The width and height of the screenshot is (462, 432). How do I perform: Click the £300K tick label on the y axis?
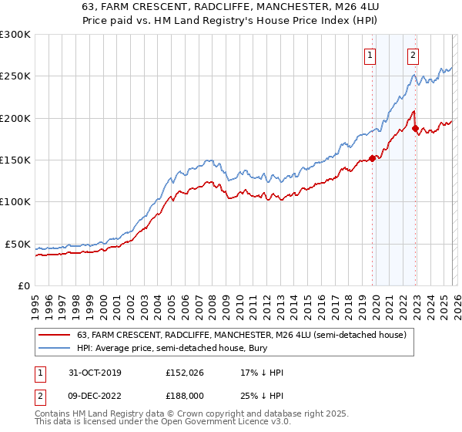[x=15, y=35]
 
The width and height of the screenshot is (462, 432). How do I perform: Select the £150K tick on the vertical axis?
[x=15, y=160]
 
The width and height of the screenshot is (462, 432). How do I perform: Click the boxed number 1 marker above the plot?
[x=371, y=55]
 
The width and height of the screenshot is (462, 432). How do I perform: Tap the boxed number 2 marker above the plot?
[x=413, y=55]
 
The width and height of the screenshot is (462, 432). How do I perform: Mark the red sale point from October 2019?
[x=372, y=158]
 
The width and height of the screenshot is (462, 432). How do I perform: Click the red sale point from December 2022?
[x=414, y=128]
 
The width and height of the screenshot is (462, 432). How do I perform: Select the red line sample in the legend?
[x=55, y=335]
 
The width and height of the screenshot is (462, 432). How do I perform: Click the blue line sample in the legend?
[x=55, y=349]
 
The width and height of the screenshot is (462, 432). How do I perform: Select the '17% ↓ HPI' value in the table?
[x=262, y=373]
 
